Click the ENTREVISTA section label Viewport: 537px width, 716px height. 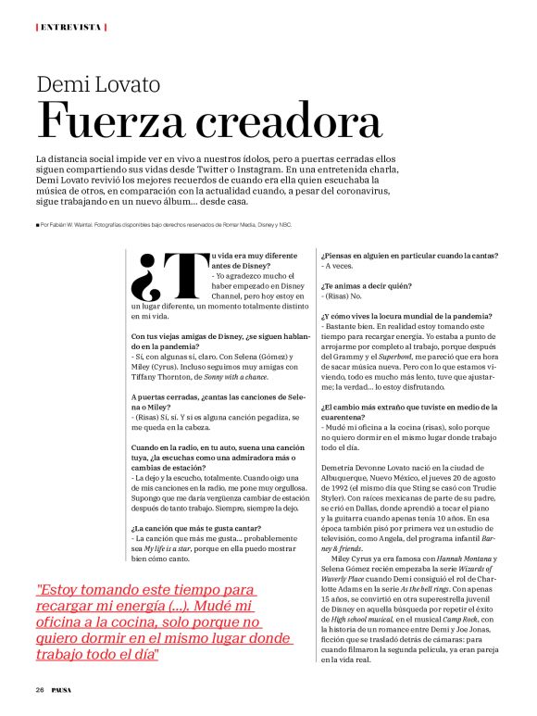pos(70,27)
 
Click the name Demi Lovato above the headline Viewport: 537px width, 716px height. pos(98,85)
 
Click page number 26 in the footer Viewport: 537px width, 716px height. pos(40,690)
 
